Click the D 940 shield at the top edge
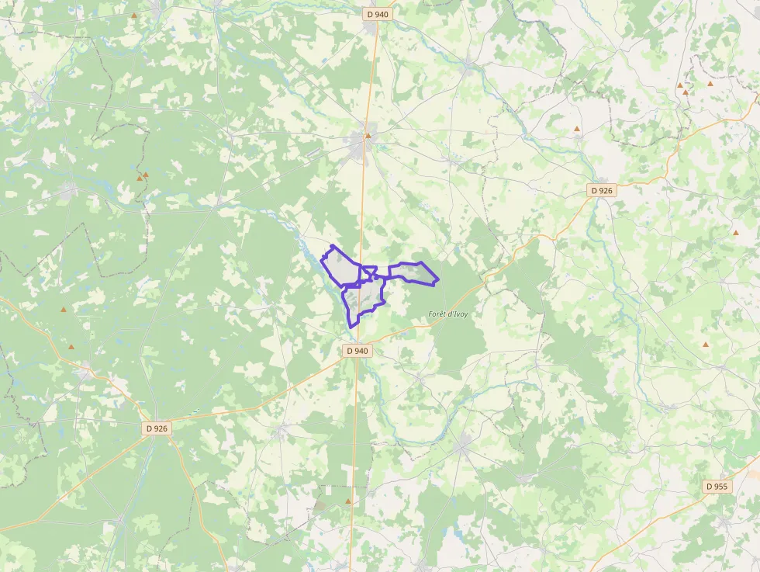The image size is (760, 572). click(377, 14)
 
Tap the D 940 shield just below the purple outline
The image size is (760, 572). click(358, 351)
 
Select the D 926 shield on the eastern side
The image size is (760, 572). click(602, 190)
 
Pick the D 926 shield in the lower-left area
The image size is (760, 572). click(156, 428)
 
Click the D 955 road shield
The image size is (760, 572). click(717, 487)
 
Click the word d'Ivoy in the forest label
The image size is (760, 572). click(460, 314)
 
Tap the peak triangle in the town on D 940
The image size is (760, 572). click(368, 136)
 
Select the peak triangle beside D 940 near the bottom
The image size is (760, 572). click(347, 501)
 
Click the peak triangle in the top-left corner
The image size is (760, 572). click(134, 16)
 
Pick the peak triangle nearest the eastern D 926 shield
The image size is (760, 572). click(577, 129)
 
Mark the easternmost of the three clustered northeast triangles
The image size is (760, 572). click(710, 83)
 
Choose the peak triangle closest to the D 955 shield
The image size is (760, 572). click(706, 345)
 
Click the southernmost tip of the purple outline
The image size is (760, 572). click(353, 327)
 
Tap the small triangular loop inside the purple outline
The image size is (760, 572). click(370, 272)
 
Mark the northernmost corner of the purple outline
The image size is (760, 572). click(332, 245)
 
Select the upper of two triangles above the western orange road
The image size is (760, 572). click(64, 310)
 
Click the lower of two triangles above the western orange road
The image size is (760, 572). click(71, 347)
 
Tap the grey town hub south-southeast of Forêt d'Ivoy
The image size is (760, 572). click(463, 445)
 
